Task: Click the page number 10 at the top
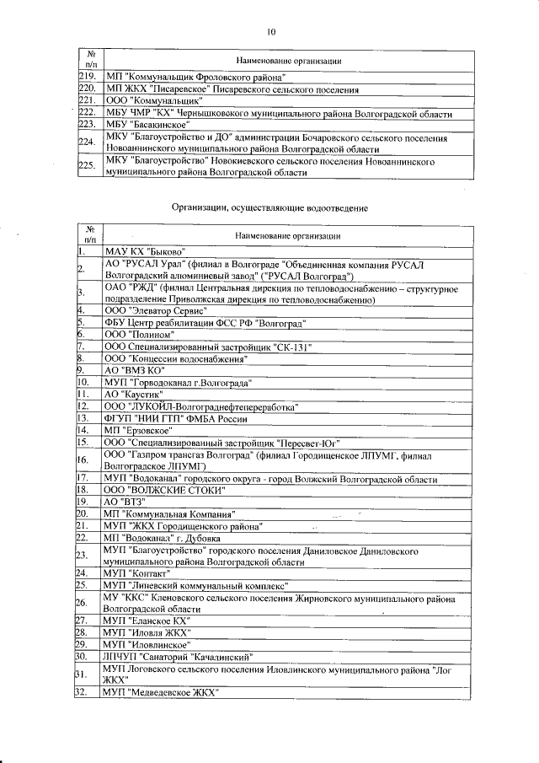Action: tap(270, 32)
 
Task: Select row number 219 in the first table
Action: tap(85, 78)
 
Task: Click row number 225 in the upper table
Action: tap(85, 164)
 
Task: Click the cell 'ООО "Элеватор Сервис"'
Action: tap(152, 310)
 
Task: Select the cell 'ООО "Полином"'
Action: tap(134, 335)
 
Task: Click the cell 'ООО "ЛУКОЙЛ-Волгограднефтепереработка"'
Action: tap(201, 406)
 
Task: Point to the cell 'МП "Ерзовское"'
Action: tap(135, 429)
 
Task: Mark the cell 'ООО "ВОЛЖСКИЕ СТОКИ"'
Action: tap(164, 489)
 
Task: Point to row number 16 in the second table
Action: tap(83, 459)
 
